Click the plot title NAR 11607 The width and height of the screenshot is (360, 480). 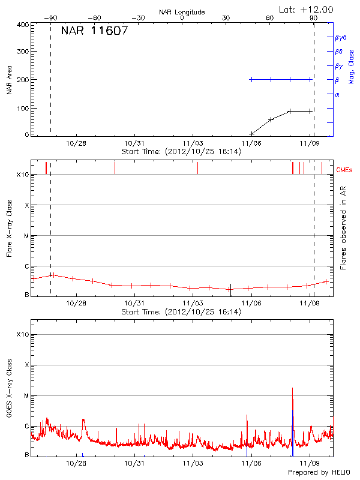(94, 31)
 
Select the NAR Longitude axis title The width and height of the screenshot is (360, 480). (182, 12)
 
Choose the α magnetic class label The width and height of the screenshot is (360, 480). (337, 94)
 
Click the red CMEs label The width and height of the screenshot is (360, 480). (345, 170)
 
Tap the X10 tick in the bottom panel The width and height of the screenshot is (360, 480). (22, 334)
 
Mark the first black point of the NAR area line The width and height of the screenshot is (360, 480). (251, 133)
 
